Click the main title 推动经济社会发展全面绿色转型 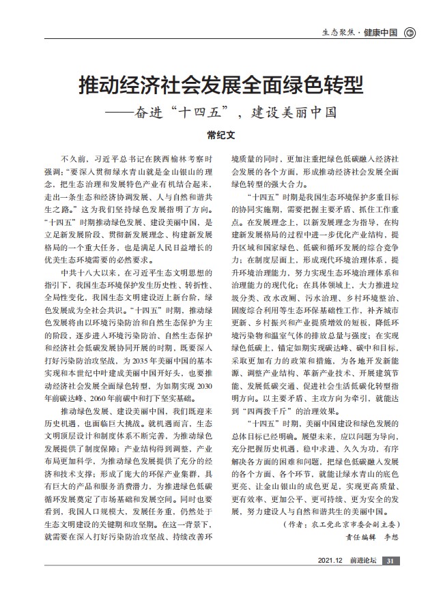coord(221,87)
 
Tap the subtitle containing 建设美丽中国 coord(221,112)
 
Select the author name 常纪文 coord(221,135)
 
